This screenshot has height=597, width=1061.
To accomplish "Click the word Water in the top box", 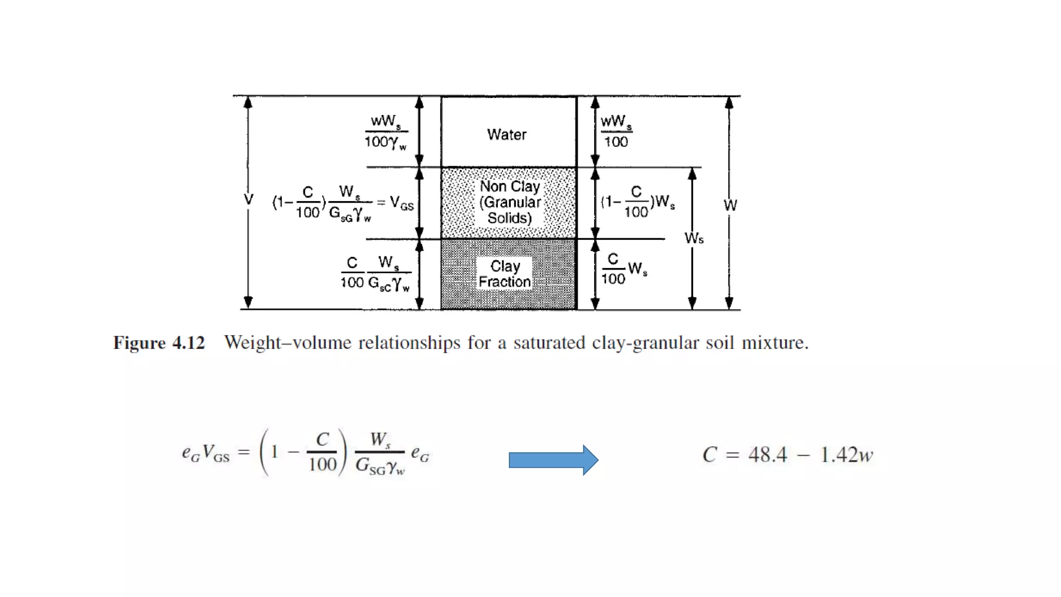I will pyautogui.click(x=506, y=135).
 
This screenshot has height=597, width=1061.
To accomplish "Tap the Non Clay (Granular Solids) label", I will pyautogui.click(x=509, y=202).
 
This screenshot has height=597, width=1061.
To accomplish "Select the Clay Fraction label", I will pyautogui.click(x=505, y=274).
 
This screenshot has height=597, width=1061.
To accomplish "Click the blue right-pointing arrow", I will pyautogui.click(x=553, y=460).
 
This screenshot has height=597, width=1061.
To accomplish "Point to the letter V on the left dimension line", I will pyautogui.click(x=248, y=200).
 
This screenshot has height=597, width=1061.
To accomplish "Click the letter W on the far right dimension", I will pyautogui.click(x=730, y=205).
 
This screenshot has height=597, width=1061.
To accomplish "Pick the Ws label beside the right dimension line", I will pyautogui.click(x=694, y=238).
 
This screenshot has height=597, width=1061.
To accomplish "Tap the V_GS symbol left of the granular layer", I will pyautogui.click(x=402, y=203).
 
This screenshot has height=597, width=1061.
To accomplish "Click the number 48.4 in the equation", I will pyautogui.click(x=767, y=455).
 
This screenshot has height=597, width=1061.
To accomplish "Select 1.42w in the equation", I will pyautogui.click(x=846, y=455).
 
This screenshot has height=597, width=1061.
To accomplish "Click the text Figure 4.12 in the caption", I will pyautogui.click(x=159, y=343).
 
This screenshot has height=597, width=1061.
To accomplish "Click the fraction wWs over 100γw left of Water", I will pyautogui.click(x=386, y=132).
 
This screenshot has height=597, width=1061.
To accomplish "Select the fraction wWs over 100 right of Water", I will pyautogui.click(x=615, y=132).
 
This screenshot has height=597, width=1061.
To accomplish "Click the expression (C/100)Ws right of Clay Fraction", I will pyautogui.click(x=623, y=269).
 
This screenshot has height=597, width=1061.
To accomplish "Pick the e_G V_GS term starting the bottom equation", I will pyautogui.click(x=205, y=453).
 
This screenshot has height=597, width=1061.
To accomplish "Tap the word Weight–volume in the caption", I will pyautogui.click(x=288, y=343).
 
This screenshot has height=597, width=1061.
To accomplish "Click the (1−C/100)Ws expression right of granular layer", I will pyautogui.click(x=638, y=202).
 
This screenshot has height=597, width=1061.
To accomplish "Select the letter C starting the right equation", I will pyautogui.click(x=709, y=455).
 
